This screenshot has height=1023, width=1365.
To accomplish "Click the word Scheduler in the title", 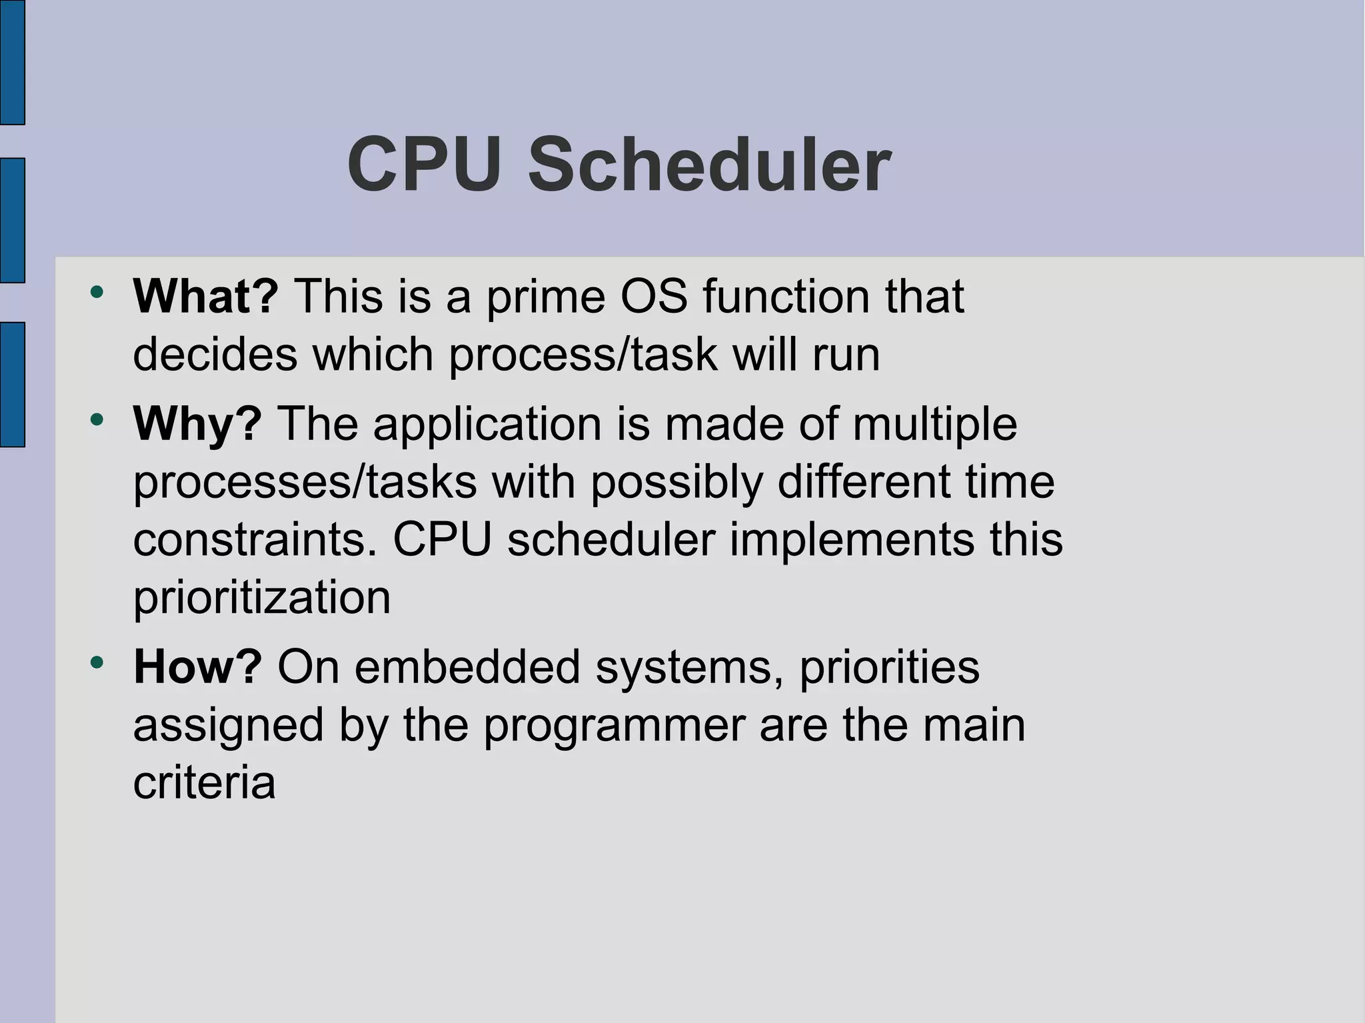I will [708, 165].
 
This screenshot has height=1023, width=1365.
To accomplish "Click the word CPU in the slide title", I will [424, 165].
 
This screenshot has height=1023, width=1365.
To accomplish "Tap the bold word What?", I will [205, 296].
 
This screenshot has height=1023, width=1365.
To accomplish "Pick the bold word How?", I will [197, 666].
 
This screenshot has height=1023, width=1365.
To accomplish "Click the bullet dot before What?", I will [97, 292].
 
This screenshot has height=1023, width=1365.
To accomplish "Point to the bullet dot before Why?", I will [97, 420].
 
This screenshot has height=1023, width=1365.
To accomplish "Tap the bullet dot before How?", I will [97, 662].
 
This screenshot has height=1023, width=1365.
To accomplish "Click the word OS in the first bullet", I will [654, 296].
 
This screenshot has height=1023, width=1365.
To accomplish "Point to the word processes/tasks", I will [305, 482].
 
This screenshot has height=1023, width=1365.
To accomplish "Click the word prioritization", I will [261, 598].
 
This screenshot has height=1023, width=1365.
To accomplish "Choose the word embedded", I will [467, 666].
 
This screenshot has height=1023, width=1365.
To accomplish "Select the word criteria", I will [204, 782].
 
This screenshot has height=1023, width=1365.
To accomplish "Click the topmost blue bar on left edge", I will [12, 62].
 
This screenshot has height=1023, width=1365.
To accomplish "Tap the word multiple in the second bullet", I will [934, 425].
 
